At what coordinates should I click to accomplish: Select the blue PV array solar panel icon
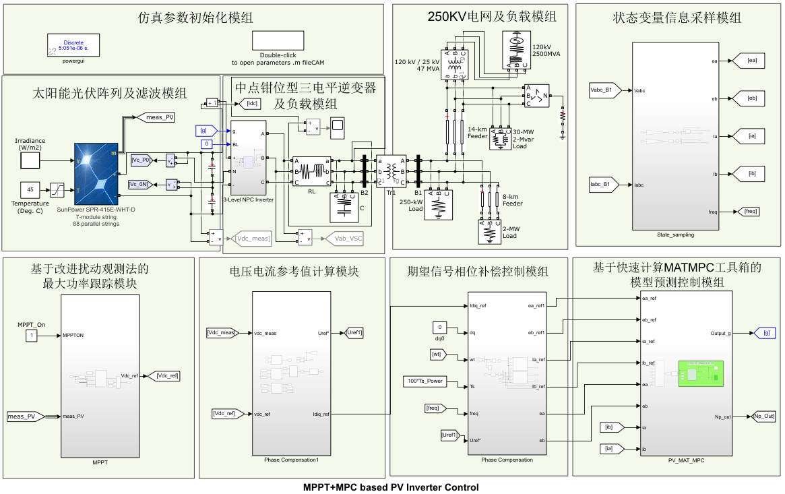(x=95, y=174)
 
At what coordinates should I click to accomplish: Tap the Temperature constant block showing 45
(x=30, y=190)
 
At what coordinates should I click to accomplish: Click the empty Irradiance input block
(x=30, y=160)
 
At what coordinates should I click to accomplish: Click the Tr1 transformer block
(x=391, y=171)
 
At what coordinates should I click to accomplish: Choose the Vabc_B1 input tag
(x=600, y=90)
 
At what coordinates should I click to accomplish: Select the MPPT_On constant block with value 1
(x=31, y=335)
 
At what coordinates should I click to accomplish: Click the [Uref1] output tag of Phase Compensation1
(x=354, y=332)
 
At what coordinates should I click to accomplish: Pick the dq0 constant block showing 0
(x=439, y=327)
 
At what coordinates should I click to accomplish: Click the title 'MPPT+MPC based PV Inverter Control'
(x=391, y=487)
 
